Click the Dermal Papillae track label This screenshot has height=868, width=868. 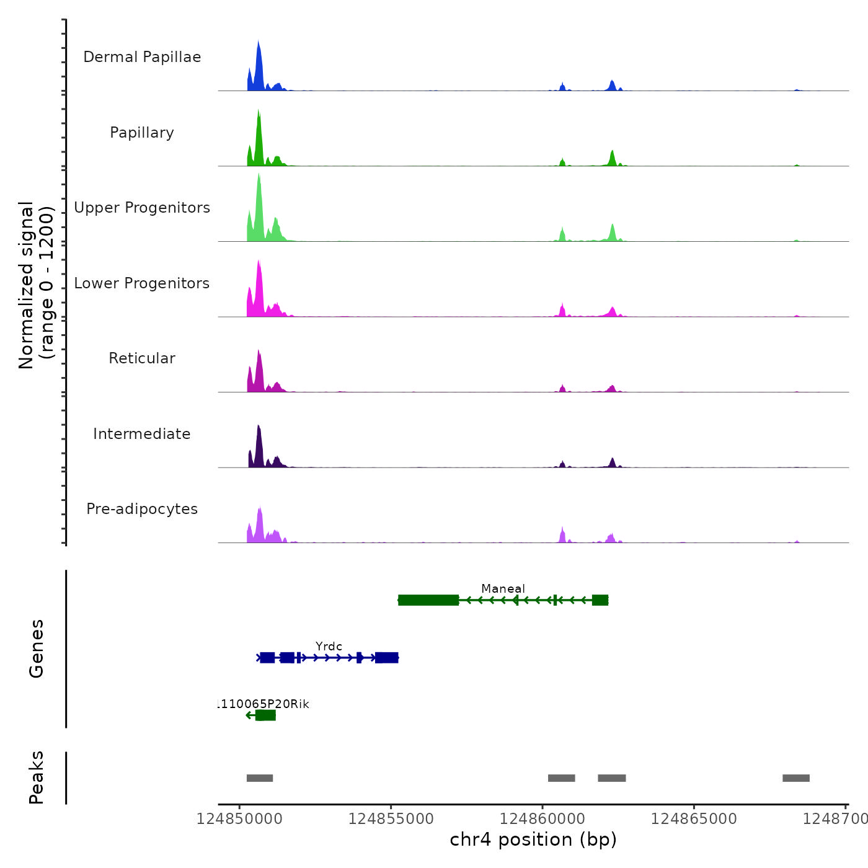[142, 57]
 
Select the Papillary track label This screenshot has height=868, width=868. [142, 133]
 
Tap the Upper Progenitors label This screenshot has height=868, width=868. [142, 208]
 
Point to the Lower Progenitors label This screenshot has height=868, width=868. [142, 283]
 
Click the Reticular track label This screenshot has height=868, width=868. [142, 358]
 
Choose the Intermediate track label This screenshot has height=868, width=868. [142, 434]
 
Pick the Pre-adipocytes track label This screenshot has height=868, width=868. [142, 509]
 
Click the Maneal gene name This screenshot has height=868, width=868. [503, 588]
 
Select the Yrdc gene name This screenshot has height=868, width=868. [329, 646]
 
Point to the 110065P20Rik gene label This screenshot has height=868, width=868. [263, 704]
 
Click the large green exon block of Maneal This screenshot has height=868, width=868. [428, 600]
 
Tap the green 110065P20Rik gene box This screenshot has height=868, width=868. [265, 715]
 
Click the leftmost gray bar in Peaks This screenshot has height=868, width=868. [260, 778]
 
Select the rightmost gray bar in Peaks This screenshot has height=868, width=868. [796, 778]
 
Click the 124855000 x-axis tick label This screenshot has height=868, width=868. [391, 819]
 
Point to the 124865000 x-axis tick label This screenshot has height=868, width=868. [694, 819]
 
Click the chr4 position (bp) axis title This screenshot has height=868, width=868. [533, 839]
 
